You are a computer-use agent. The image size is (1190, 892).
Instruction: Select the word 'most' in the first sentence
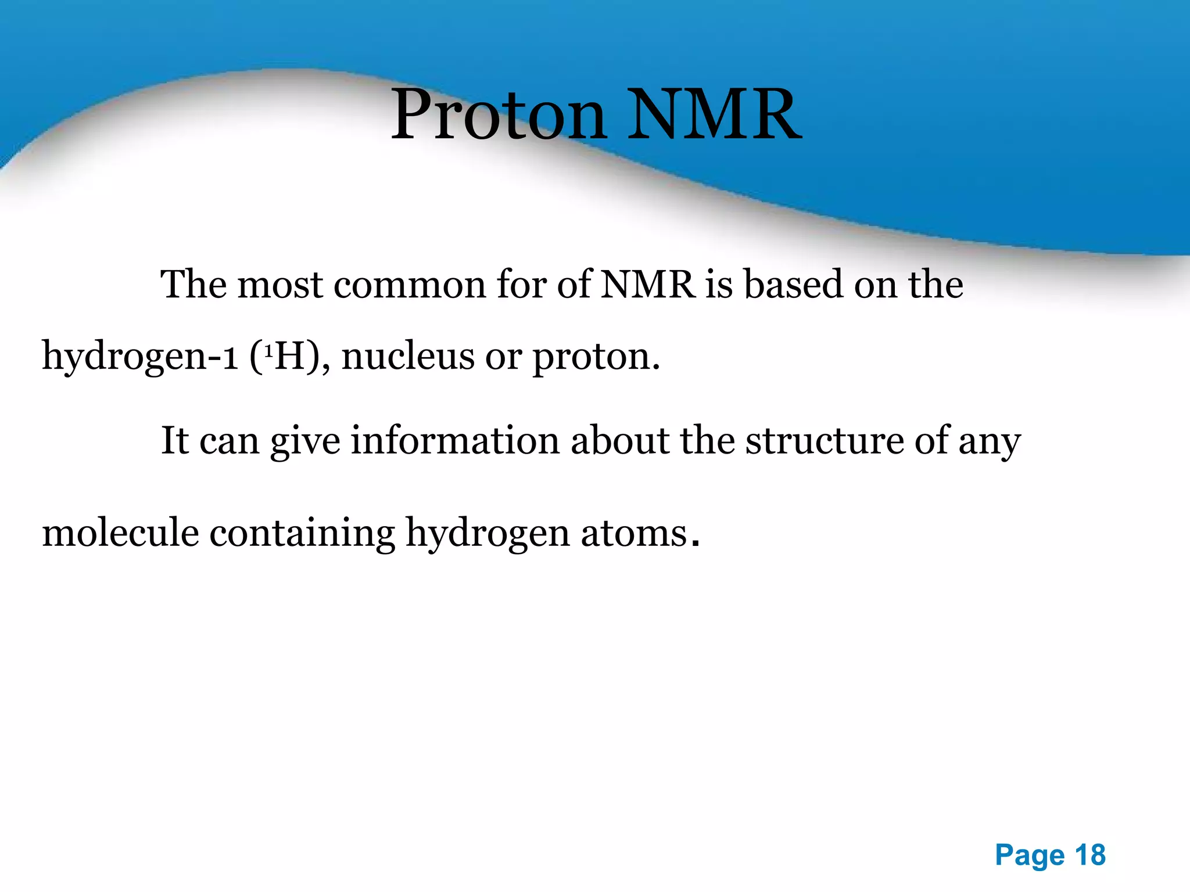pyautogui.click(x=280, y=285)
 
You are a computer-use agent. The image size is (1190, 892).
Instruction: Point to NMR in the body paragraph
pyautogui.click(x=647, y=285)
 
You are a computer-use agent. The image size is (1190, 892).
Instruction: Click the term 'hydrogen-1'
pyautogui.click(x=140, y=356)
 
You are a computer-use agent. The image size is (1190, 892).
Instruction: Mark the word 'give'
pyautogui.click(x=305, y=441)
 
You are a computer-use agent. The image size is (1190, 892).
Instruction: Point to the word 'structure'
pyautogui.click(x=825, y=441)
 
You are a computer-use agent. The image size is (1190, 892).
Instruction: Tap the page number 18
pyautogui.click(x=1090, y=855)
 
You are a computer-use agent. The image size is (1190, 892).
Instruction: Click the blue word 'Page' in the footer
pyautogui.click(x=1030, y=855)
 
